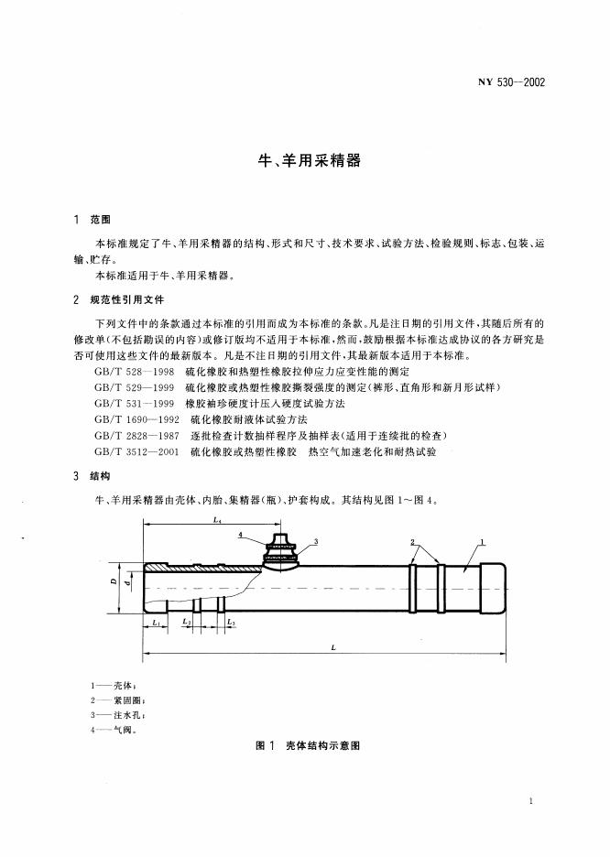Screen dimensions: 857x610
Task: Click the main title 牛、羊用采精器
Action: [x=306, y=160]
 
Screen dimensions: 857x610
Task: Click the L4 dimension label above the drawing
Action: [x=216, y=519]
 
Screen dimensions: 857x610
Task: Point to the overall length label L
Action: [x=333, y=646]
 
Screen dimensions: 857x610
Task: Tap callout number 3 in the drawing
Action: [x=315, y=542]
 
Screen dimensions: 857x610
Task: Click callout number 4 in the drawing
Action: [x=239, y=533]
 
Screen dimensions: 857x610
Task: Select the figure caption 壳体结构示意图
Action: [x=321, y=746]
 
